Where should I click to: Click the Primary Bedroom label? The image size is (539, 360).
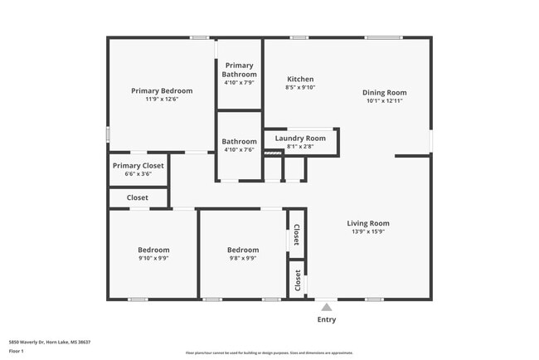[x=162, y=90]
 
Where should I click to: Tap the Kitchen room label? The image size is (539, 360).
[x=300, y=79]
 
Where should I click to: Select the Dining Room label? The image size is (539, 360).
[x=384, y=92]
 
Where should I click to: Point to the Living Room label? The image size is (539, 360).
[x=367, y=223]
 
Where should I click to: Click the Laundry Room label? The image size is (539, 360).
[x=300, y=138]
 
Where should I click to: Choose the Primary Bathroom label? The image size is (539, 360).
[x=239, y=70]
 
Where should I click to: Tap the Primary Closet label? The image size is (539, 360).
[x=138, y=165]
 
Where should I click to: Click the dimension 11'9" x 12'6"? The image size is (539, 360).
[x=162, y=99]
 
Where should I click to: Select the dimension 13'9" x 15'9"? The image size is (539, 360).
[x=367, y=231]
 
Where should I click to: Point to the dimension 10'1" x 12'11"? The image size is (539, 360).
[x=384, y=100]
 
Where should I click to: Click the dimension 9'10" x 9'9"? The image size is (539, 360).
[x=153, y=258]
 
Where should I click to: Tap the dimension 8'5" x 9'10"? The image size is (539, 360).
[x=300, y=87]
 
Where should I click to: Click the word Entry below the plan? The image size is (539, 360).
[x=327, y=319]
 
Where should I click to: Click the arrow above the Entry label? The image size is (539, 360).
[x=327, y=306]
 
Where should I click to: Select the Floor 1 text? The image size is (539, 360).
[x=16, y=351]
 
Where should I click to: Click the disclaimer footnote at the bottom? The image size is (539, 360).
[x=269, y=353]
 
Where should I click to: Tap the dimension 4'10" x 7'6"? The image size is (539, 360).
[x=239, y=149]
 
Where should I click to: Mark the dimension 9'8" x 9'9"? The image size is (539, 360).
[x=243, y=258]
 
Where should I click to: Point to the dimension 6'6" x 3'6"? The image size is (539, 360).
[x=138, y=173]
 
